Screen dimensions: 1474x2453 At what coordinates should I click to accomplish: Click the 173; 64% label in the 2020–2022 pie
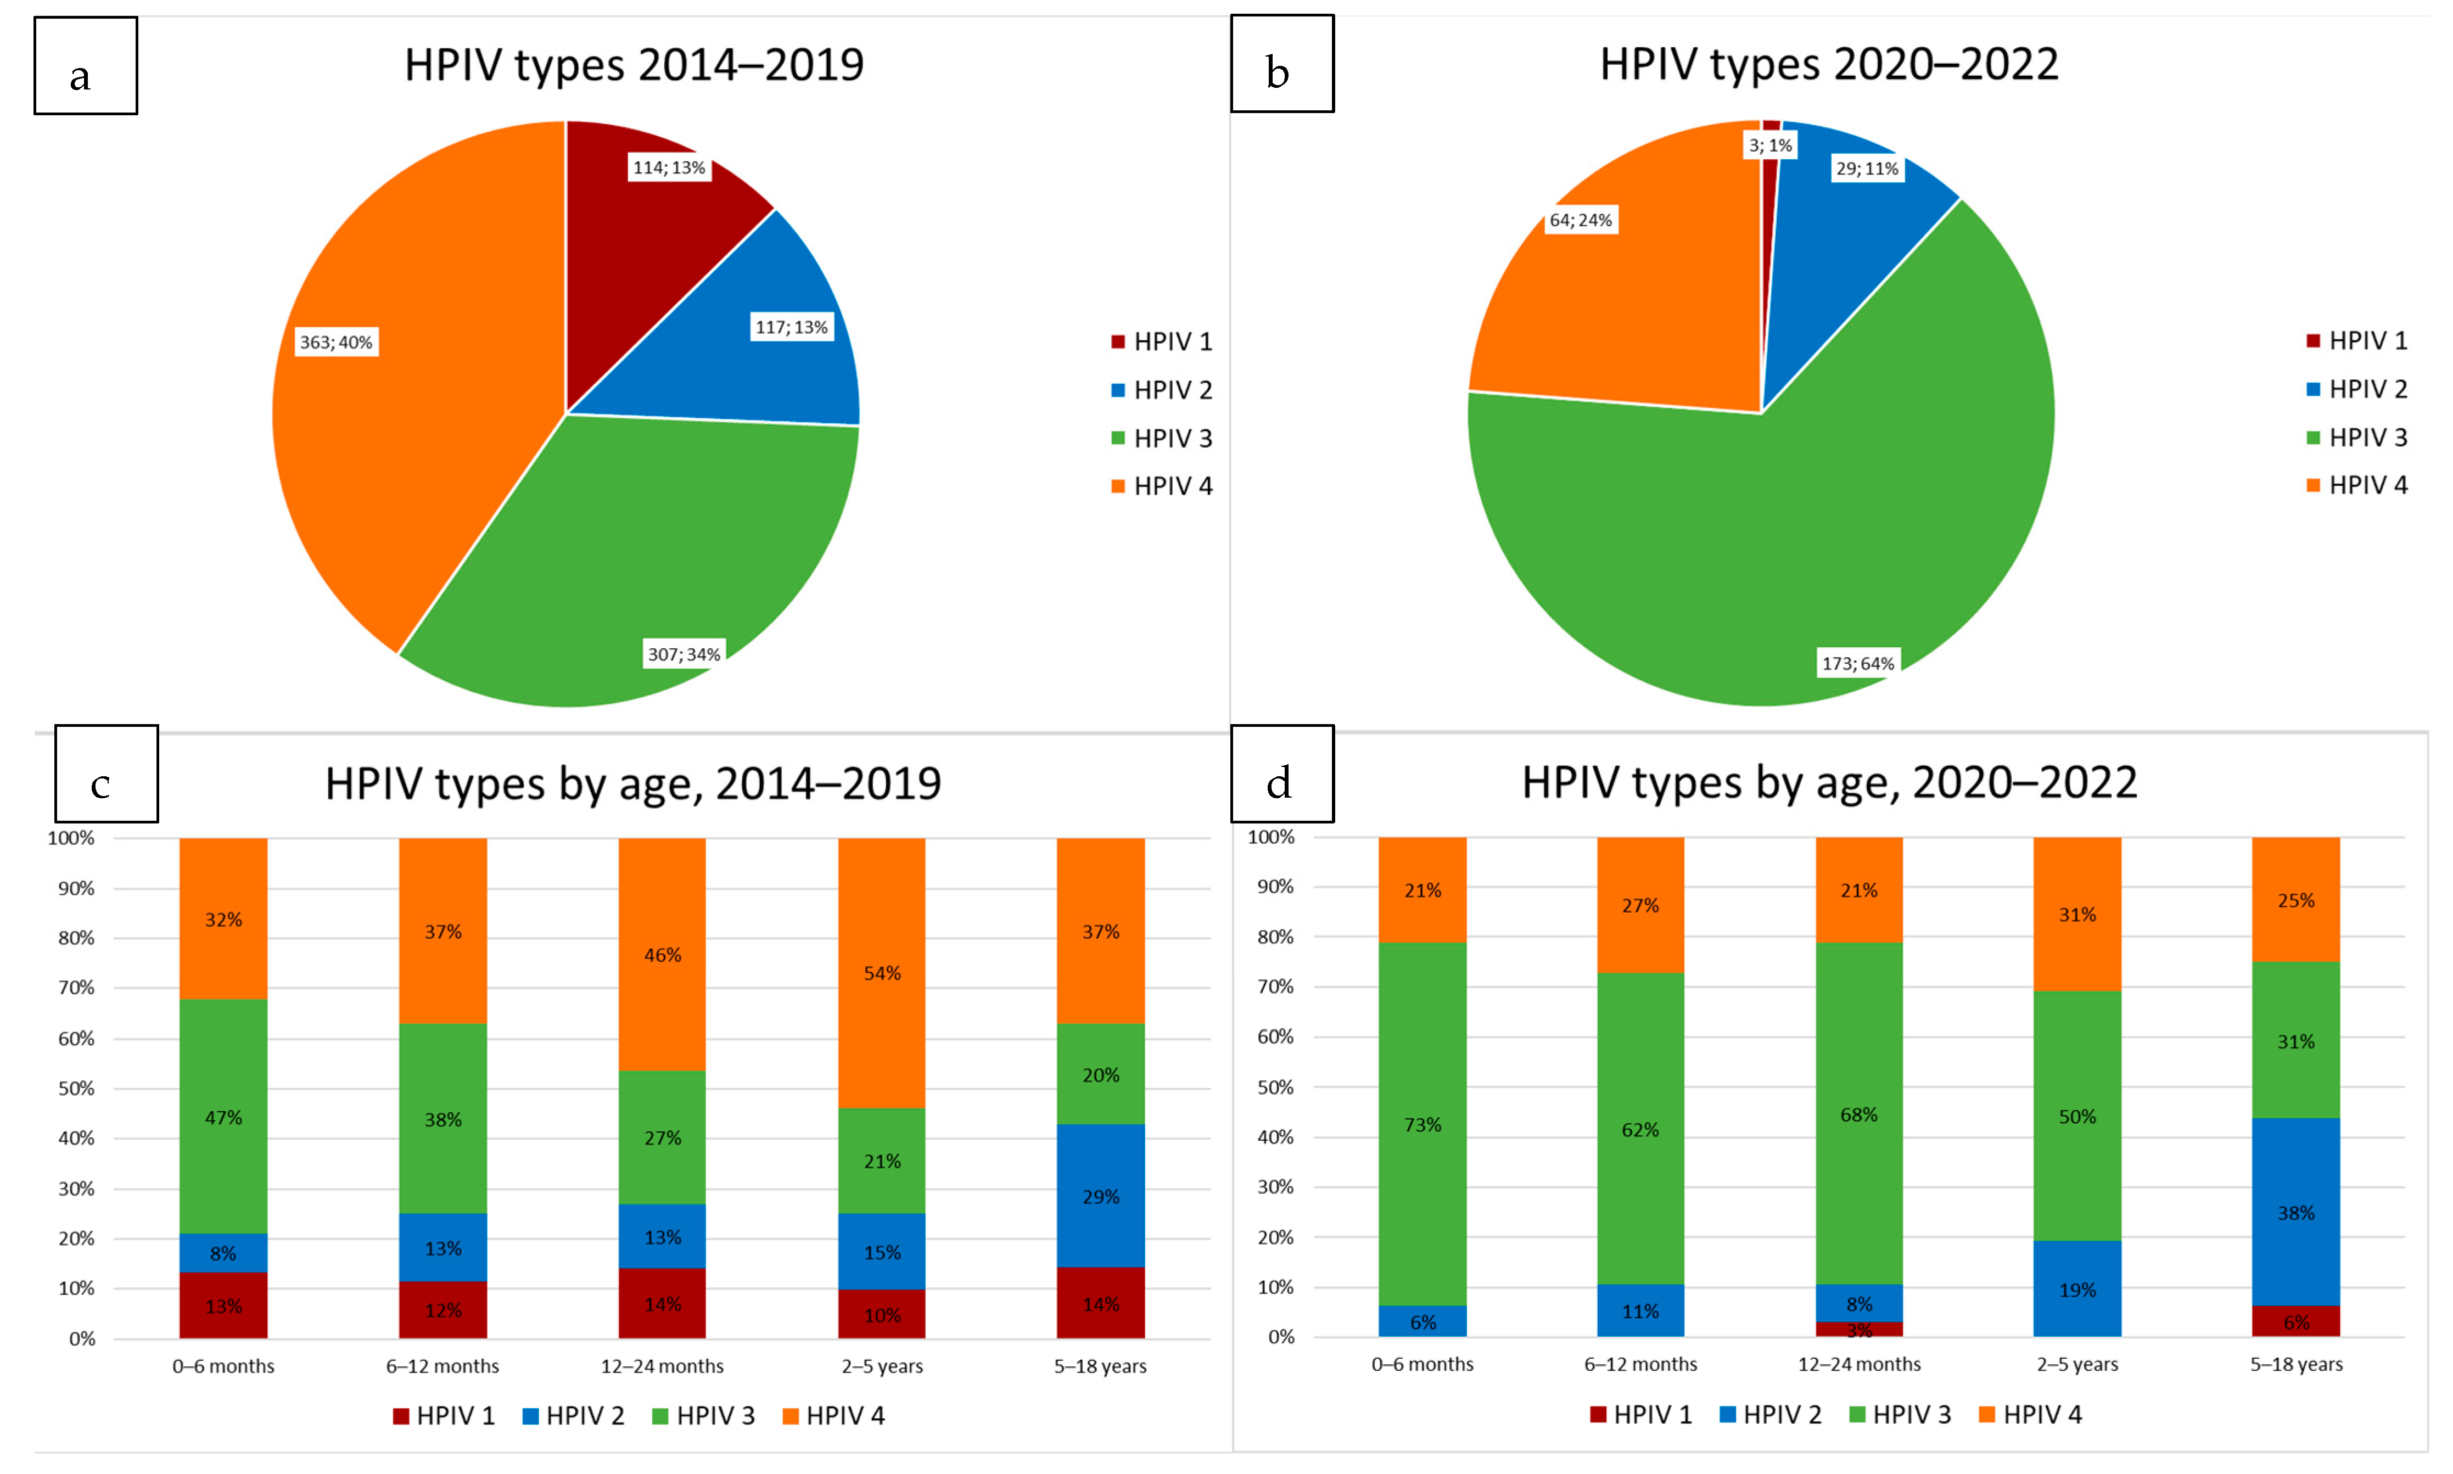1857,664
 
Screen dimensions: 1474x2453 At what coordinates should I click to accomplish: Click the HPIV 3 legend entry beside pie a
1162,438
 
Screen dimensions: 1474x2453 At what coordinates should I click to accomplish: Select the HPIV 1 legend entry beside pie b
2357,341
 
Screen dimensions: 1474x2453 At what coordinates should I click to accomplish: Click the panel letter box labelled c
107,774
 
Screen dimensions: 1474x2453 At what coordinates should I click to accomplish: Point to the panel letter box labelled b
1281,64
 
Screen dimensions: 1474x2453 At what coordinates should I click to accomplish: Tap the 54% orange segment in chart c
882,973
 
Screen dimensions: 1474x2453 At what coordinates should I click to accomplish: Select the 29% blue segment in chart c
1100,1196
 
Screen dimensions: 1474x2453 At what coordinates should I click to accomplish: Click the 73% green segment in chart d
1422,1124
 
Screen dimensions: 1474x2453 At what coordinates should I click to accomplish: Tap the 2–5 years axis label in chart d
2076,1365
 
